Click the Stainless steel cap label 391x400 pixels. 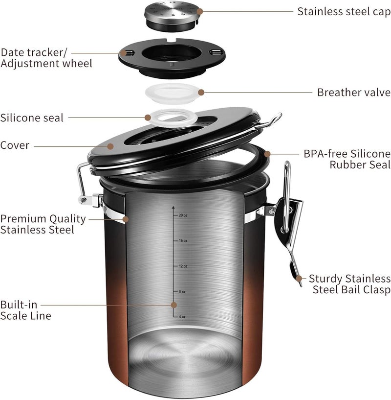[x=344, y=11]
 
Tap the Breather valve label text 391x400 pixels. [x=353, y=92]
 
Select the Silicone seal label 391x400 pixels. [x=32, y=118]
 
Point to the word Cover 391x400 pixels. [x=15, y=145]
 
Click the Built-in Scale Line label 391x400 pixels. [x=25, y=309]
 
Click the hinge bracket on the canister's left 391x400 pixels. [x=88, y=198]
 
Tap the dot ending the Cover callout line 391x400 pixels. [x=110, y=146]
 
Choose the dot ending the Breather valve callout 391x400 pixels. [x=201, y=92]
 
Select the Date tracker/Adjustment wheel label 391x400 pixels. [x=46, y=58]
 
